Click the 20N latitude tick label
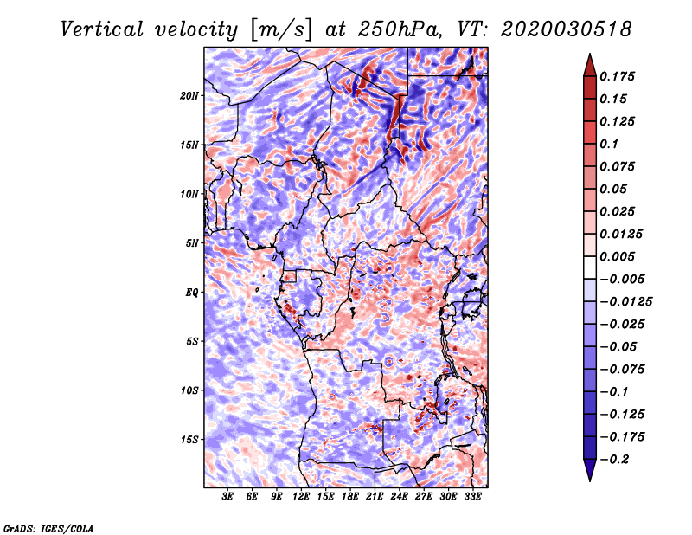[x=189, y=96]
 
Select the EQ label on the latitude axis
[x=192, y=293]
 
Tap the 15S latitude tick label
[x=189, y=440]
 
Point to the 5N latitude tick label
[x=192, y=243]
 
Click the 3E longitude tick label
[x=227, y=497]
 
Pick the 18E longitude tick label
[x=350, y=497]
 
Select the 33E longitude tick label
[x=472, y=497]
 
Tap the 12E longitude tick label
[x=301, y=497]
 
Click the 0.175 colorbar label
[x=617, y=76]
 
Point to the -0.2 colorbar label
[x=614, y=460]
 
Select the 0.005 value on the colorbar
[x=617, y=256]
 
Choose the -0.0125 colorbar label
[x=625, y=302]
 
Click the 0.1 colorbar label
[x=609, y=144]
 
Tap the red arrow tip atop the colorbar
[x=590, y=54]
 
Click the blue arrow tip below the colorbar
[x=590, y=480]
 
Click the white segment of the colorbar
[x=590, y=267]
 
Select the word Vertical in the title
[x=101, y=29]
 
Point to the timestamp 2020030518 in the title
[x=567, y=29]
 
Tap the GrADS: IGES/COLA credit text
[x=48, y=528]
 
